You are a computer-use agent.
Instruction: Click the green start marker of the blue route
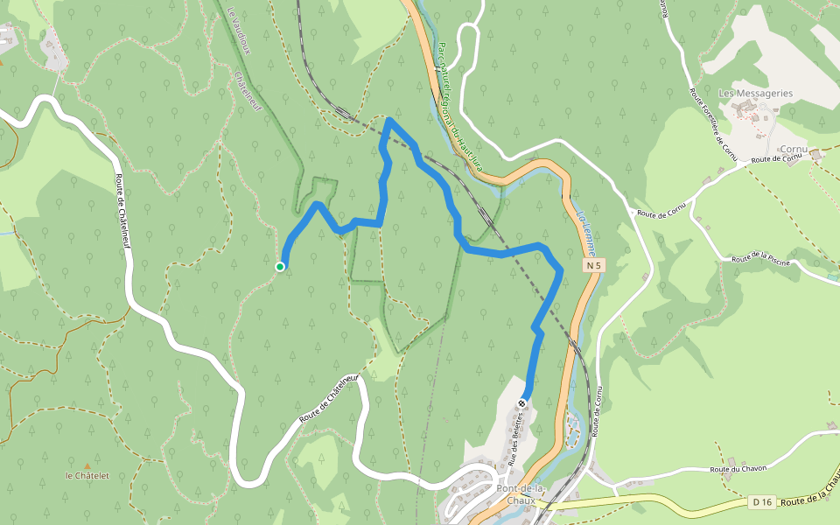(x=280, y=267)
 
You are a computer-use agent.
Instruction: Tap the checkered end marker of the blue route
(x=522, y=403)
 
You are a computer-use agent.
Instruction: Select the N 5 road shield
(x=594, y=265)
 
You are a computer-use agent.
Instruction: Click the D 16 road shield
(x=761, y=502)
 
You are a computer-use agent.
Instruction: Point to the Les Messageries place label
(x=755, y=93)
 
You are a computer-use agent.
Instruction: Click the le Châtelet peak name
(x=87, y=476)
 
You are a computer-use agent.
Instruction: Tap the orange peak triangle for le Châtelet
(x=87, y=465)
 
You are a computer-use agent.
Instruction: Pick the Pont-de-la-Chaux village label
(x=521, y=494)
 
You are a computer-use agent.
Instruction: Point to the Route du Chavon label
(x=738, y=468)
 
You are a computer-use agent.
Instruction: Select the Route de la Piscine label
(x=760, y=259)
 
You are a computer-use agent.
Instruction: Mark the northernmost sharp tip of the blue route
(x=388, y=121)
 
